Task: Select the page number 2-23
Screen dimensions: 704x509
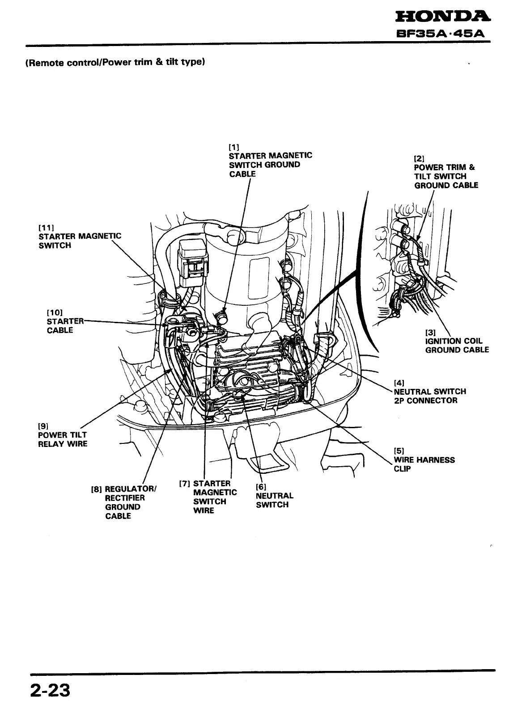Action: click(50, 690)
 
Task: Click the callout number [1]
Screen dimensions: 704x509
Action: click(234, 146)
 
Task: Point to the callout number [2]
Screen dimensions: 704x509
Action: click(419, 158)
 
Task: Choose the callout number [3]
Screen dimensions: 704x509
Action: click(430, 332)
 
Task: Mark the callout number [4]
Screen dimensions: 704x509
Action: click(399, 383)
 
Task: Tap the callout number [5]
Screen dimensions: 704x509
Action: click(399, 451)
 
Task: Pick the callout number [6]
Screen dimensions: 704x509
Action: click(261, 486)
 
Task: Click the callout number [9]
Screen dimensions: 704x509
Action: click(43, 426)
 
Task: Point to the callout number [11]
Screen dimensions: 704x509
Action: click(46, 227)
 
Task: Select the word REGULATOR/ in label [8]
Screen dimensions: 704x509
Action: click(130, 489)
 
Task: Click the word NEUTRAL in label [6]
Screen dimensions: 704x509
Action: click(275, 496)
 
